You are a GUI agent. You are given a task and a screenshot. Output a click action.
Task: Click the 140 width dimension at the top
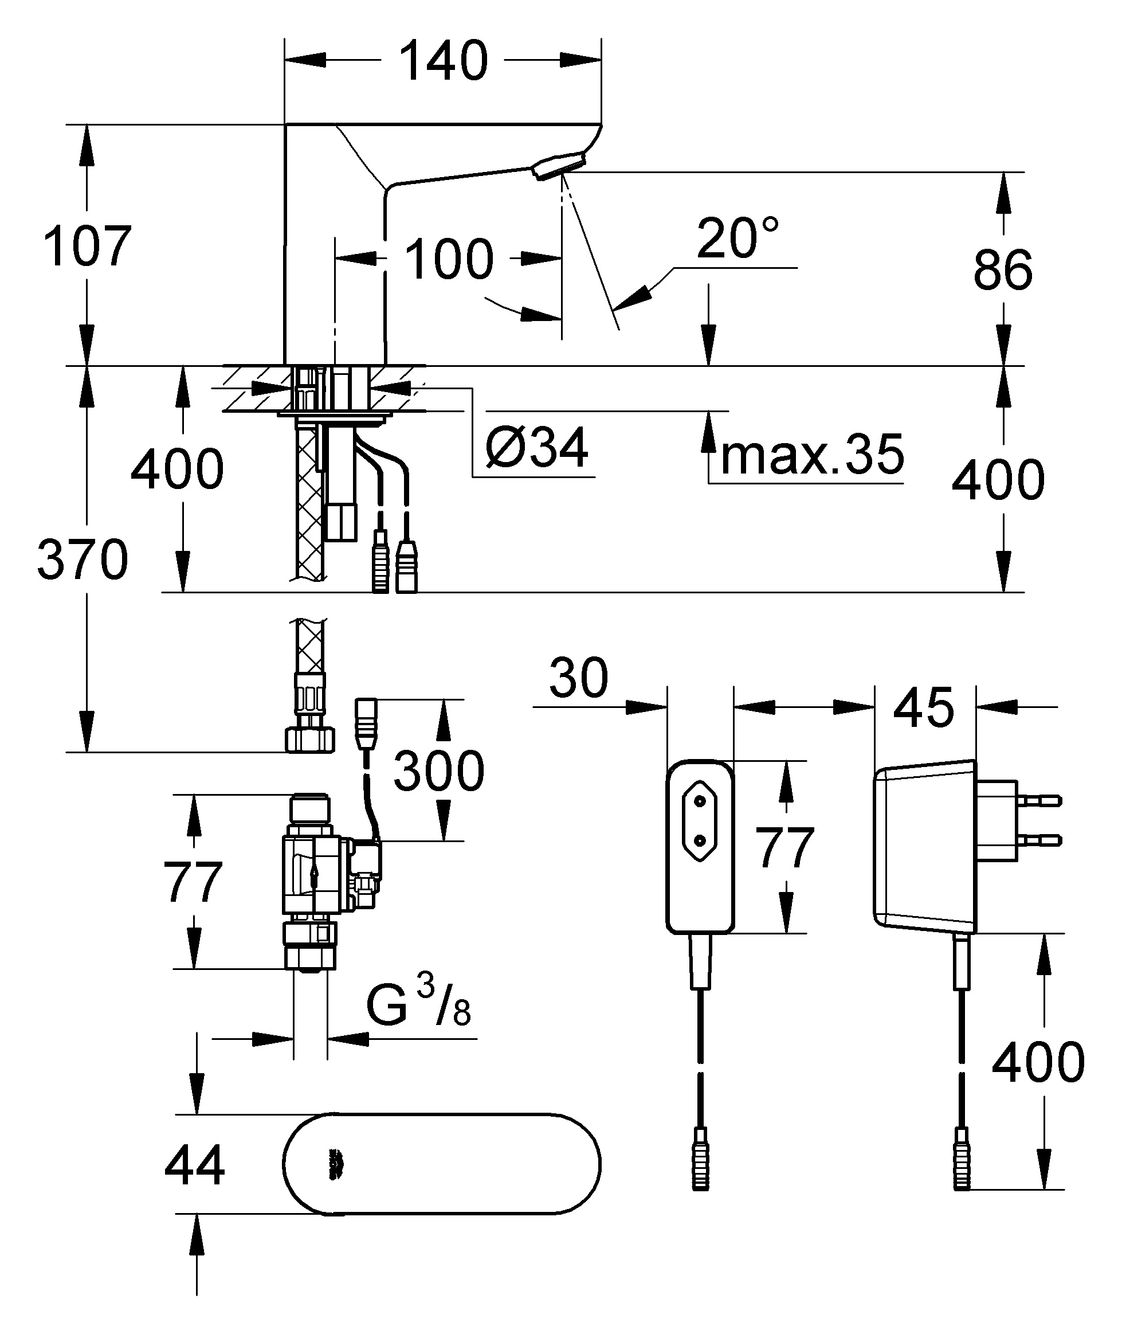[x=444, y=61]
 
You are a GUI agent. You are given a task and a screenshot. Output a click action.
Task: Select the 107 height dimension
[x=87, y=246]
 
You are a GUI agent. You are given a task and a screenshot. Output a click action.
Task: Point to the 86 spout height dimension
[x=1003, y=270]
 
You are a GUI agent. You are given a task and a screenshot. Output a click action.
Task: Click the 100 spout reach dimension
[x=449, y=259]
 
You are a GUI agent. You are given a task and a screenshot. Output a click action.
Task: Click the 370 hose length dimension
[x=83, y=559]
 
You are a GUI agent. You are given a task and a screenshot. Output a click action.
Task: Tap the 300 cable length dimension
[x=439, y=770]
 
